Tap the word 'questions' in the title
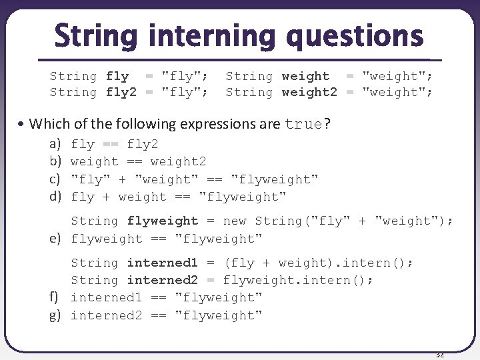point(355,37)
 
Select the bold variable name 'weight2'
point(309,92)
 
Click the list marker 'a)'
point(55,144)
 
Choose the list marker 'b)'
point(55,161)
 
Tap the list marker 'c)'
point(55,179)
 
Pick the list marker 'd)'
point(55,196)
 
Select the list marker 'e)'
point(55,238)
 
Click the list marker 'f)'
point(55,297)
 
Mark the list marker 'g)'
point(55,315)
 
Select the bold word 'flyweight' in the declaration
point(163,221)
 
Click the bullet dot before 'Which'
point(23,124)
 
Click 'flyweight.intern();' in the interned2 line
point(298,280)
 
